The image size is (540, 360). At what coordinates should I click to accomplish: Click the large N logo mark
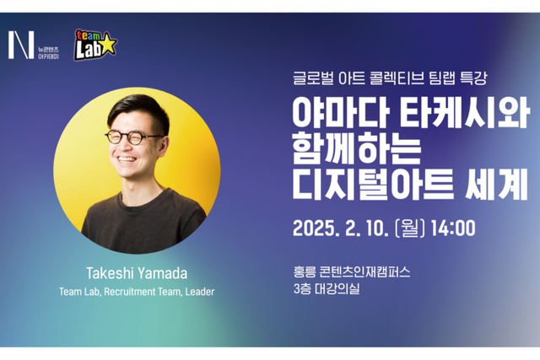20,45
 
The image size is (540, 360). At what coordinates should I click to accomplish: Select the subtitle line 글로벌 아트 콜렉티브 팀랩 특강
385,78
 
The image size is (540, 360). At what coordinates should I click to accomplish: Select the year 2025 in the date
316,228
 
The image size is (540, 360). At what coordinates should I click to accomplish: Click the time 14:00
455,228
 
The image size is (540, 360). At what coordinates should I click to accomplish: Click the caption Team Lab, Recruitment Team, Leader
137,292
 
